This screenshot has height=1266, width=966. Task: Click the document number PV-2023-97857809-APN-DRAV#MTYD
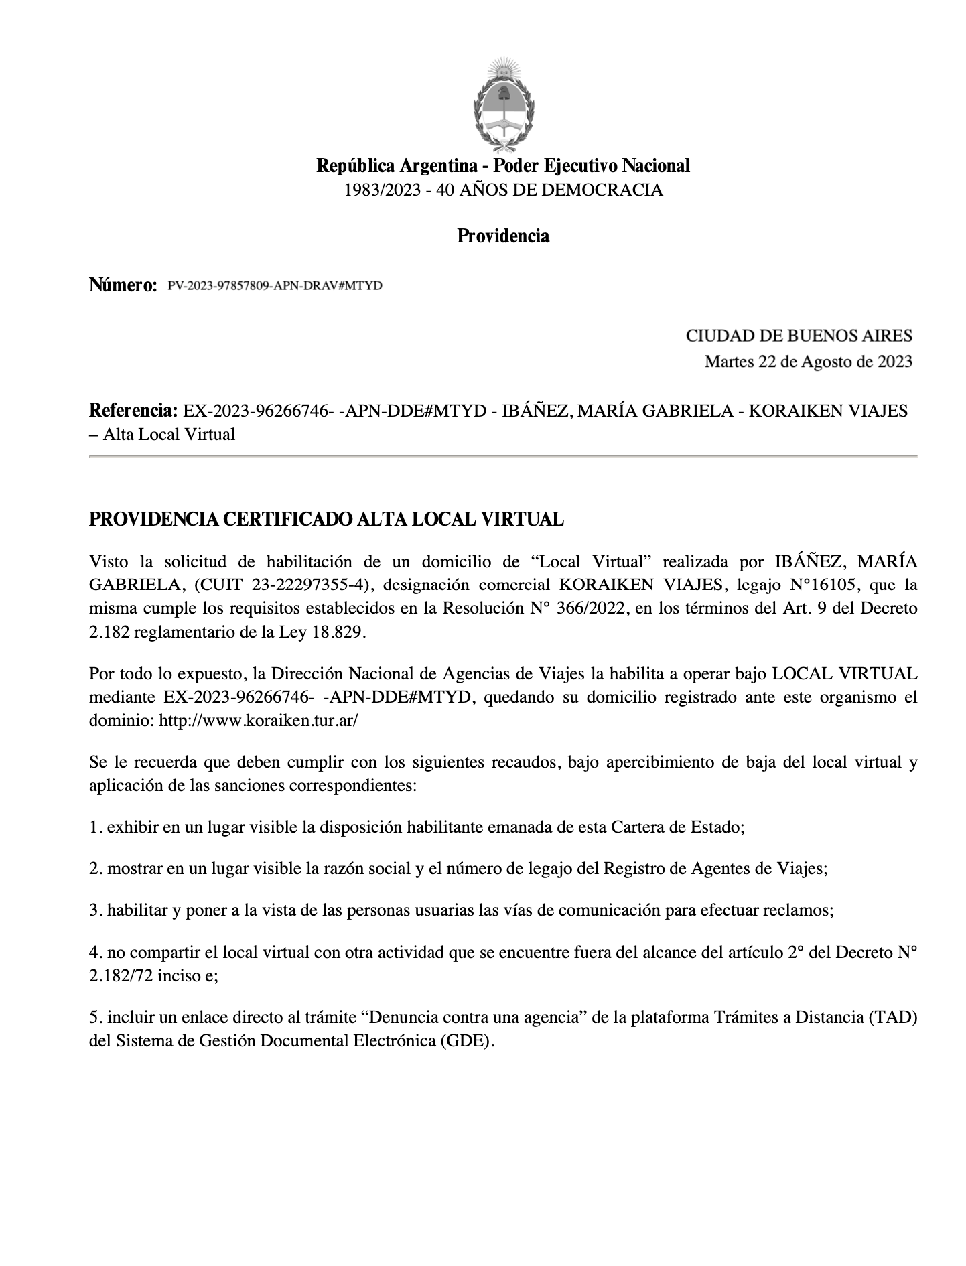(275, 286)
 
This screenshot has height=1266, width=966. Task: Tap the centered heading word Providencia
(503, 236)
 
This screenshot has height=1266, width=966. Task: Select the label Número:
(123, 285)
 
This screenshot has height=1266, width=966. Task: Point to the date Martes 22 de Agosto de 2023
(808, 362)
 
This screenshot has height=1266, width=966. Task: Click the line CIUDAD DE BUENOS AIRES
(799, 336)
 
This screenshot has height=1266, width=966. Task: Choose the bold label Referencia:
(133, 410)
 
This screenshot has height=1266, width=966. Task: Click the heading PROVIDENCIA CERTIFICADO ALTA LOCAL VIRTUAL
(326, 520)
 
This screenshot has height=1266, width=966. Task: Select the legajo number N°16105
(816, 585)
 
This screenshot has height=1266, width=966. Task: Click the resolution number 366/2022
(585, 608)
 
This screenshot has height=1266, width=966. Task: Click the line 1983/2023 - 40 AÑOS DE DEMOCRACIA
(503, 190)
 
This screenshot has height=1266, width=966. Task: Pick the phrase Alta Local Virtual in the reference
(169, 435)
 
